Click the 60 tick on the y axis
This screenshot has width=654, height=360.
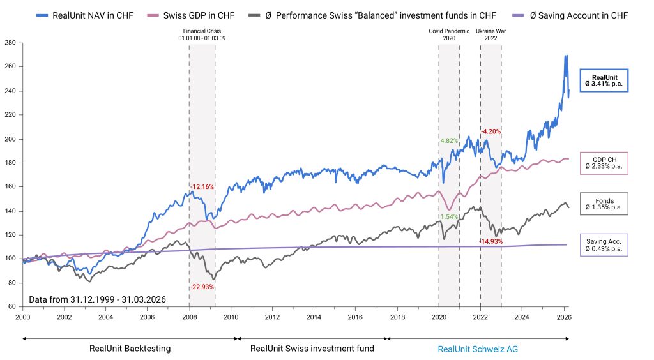[x=11, y=307]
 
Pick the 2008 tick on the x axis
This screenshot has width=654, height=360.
[x=190, y=317]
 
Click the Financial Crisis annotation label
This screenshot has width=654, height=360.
[x=202, y=34]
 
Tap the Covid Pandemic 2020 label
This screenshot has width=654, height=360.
[x=449, y=34]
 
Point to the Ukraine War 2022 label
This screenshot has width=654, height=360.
[x=490, y=34]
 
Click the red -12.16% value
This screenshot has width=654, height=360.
[x=202, y=187]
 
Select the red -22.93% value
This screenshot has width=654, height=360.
[x=202, y=287]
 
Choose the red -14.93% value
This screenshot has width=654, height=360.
[x=492, y=241]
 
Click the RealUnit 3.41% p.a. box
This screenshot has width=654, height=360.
[x=604, y=80]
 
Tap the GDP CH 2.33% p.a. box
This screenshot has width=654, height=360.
[x=604, y=163]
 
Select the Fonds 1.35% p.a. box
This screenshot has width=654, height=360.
[x=604, y=204]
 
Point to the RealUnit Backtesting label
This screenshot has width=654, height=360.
[x=130, y=349]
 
